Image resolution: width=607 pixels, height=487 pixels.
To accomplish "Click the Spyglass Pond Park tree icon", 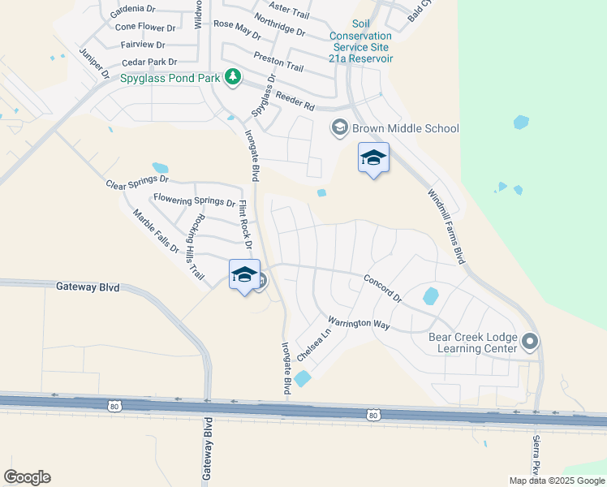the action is click(x=234, y=77).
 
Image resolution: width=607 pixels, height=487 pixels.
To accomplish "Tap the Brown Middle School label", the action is click(x=405, y=128).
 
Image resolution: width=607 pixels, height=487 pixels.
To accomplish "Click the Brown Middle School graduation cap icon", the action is click(x=339, y=128).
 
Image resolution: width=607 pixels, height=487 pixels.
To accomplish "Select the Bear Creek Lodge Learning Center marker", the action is click(x=531, y=341).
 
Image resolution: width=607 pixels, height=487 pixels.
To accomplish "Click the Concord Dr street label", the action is click(x=382, y=287).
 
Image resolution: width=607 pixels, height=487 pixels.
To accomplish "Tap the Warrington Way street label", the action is click(x=359, y=323).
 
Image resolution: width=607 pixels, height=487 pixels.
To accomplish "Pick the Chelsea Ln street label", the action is click(x=315, y=345).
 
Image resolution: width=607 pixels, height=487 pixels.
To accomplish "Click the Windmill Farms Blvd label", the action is click(x=446, y=226).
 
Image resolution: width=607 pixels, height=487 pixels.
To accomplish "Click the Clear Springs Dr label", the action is click(x=137, y=183).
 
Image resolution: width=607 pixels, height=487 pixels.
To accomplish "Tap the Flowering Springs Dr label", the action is click(x=194, y=200).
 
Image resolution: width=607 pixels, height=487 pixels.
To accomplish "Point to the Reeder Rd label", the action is click(x=295, y=101).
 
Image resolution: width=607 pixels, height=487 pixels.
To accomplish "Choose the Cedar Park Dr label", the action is click(x=149, y=62).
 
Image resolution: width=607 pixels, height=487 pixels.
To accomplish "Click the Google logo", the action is click(x=27, y=477).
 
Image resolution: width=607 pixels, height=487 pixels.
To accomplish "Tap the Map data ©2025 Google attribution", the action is click(x=557, y=481).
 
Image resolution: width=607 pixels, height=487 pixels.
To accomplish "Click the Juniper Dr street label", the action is click(x=93, y=62).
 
